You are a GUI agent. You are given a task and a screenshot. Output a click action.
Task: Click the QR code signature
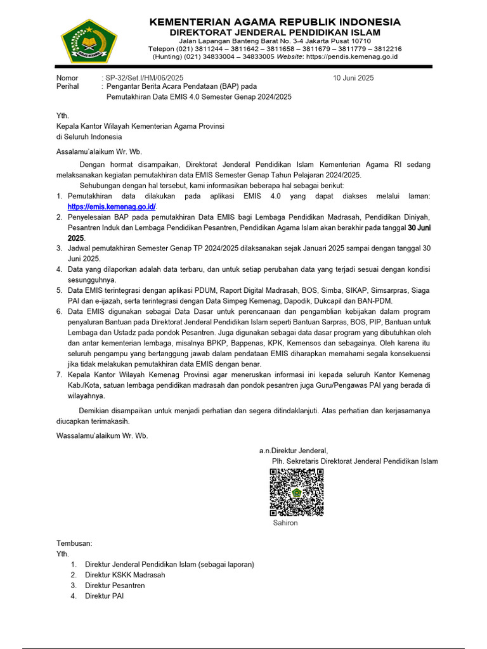coord(297,492)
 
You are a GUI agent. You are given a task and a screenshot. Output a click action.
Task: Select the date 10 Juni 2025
coord(353,78)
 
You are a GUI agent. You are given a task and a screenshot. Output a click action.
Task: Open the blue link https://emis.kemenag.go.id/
coord(112,207)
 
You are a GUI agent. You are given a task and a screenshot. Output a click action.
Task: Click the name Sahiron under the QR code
coord(285,523)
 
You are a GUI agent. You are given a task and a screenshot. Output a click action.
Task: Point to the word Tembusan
coord(74,543)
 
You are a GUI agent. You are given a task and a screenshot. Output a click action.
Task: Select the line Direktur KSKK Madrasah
coord(125,575)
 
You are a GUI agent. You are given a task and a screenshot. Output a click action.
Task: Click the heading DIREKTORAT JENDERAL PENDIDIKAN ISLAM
coord(275,32)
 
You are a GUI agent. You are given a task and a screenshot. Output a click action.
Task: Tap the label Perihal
coord(68,87)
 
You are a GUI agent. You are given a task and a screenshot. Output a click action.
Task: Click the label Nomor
coord(67,78)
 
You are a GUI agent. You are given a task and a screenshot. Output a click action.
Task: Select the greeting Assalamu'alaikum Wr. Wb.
coord(100,151)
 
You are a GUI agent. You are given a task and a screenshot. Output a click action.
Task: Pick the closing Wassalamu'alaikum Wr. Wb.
coord(102,435)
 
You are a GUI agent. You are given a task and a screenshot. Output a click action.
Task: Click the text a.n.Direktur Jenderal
coord(293,451)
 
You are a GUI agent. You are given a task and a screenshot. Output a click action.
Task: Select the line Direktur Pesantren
coord(115,586)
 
